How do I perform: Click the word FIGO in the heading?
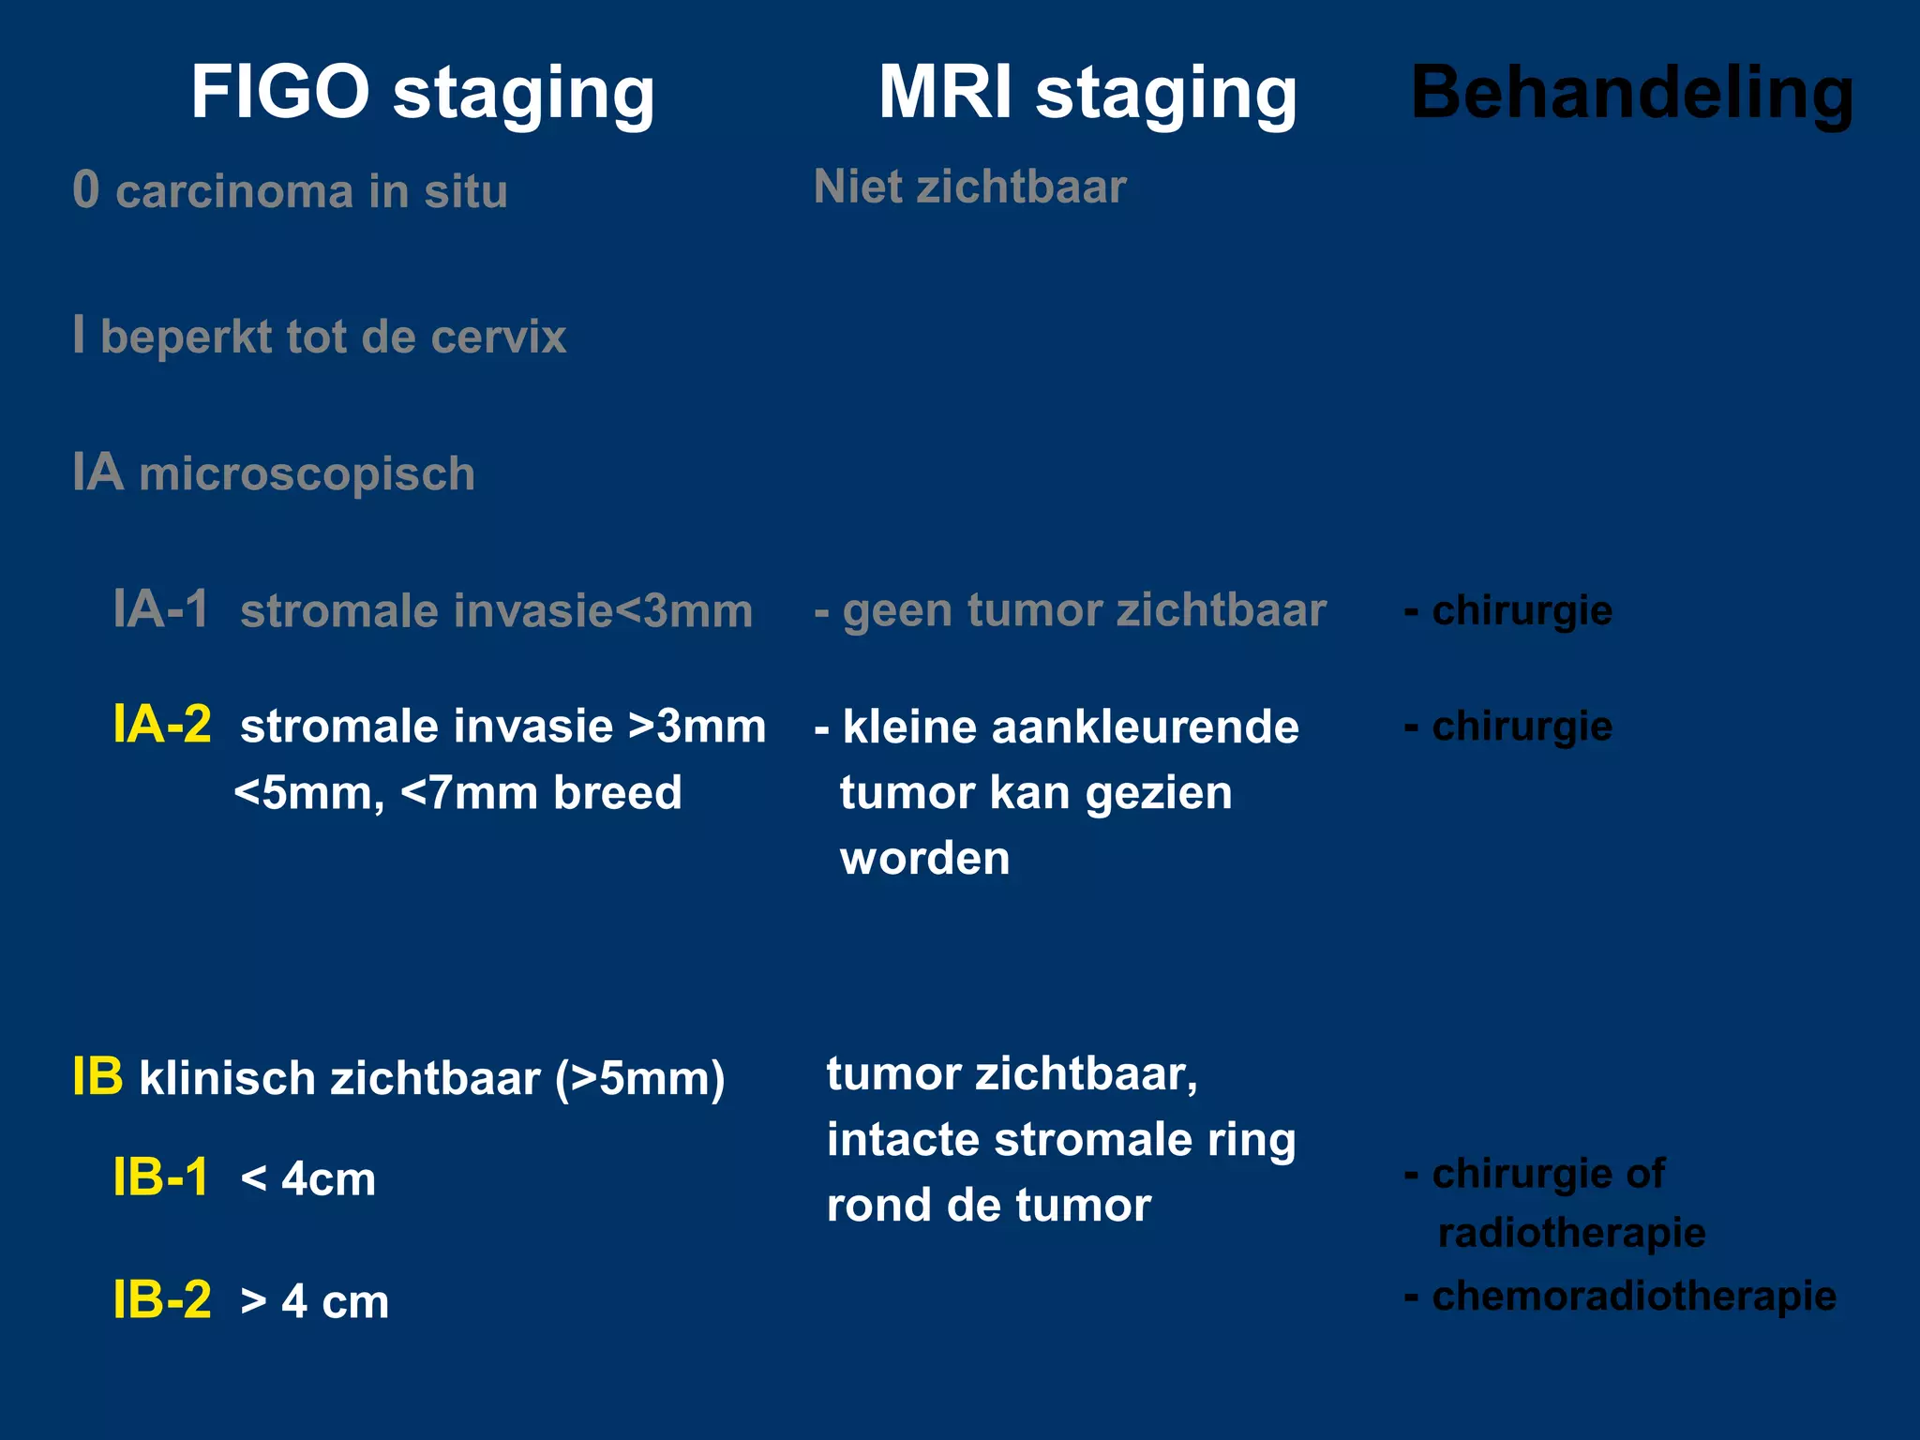tap(280, 92)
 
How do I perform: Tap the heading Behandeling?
tap(1632, 94)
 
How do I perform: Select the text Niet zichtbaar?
tap(969, 187)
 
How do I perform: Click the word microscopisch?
tap(307, 473)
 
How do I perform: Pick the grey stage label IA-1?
tap(160, 609)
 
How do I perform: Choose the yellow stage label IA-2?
tap(162, 725)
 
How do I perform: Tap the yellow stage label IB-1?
tap(160, 1177)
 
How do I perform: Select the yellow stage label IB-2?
tap(162, 1300)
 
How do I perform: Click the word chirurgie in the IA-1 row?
tap(1522, 611)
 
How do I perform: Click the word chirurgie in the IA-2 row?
tap(1522, 727)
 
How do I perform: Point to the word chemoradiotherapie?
tap(1633, 1297)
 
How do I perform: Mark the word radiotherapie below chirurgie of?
tap(1571, 1233)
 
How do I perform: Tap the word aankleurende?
tap(1145, 727)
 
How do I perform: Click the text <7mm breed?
tap(541, 793)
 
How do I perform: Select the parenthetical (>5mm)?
tap(639, 1078)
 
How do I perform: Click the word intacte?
tap(903, 1140)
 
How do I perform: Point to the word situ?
tap(465, 191)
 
